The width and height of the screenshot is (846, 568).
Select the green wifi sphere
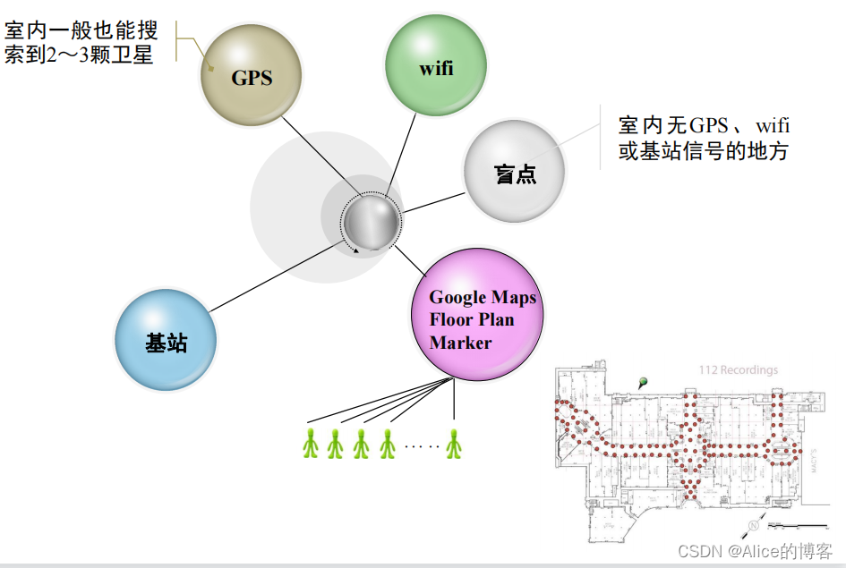click(x=435, y=65)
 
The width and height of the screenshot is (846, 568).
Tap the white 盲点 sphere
click(x=515, y=171)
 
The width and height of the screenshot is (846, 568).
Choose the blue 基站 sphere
click(x=166, y=339)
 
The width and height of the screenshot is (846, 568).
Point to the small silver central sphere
click(x=371, y=220)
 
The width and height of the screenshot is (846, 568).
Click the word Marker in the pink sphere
click(x=460, y=343)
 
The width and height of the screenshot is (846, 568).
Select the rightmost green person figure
click(x=455, y=443)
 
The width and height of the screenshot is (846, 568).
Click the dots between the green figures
click(x=421, y=445)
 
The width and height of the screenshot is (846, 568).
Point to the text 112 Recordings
click(x=738, y=370)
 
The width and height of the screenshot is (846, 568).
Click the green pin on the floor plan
click(x=643, y=383)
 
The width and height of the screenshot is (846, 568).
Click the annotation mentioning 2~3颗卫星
click(x=81, y=43)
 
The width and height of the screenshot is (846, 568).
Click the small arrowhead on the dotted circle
click(x=357, y=251)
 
